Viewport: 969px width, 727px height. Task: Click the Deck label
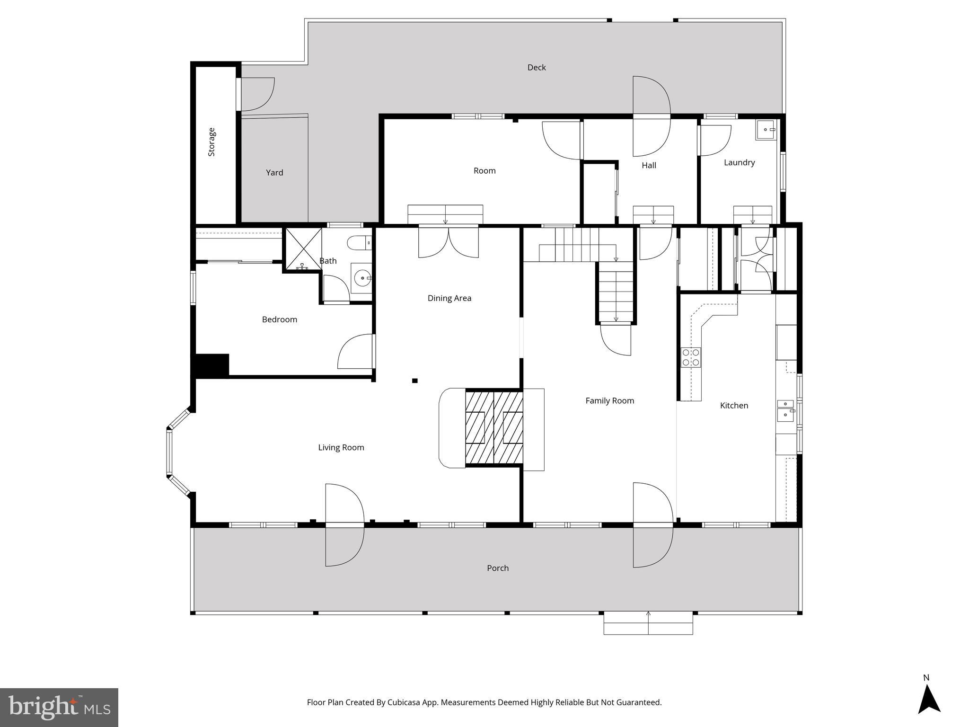[536, 68]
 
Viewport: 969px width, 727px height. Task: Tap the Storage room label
[211, 142]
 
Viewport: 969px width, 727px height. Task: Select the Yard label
[274, 173]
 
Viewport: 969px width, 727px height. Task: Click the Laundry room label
[739, 163]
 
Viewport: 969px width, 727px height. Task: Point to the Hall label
[649, 166]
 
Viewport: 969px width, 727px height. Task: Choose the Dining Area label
[449, 298]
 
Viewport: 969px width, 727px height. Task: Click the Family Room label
[609, 401]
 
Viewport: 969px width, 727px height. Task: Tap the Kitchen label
[734, 406]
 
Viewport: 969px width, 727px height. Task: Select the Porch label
[498, 568]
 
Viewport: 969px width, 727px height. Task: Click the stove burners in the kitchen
[691, 357]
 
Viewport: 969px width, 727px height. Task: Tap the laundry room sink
[766, 130]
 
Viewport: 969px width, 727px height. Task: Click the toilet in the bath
[360, 243]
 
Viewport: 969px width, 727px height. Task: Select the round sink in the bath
[362, 278]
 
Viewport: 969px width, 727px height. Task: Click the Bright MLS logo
[59, 708]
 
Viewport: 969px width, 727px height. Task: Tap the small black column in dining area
[415, 381]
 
